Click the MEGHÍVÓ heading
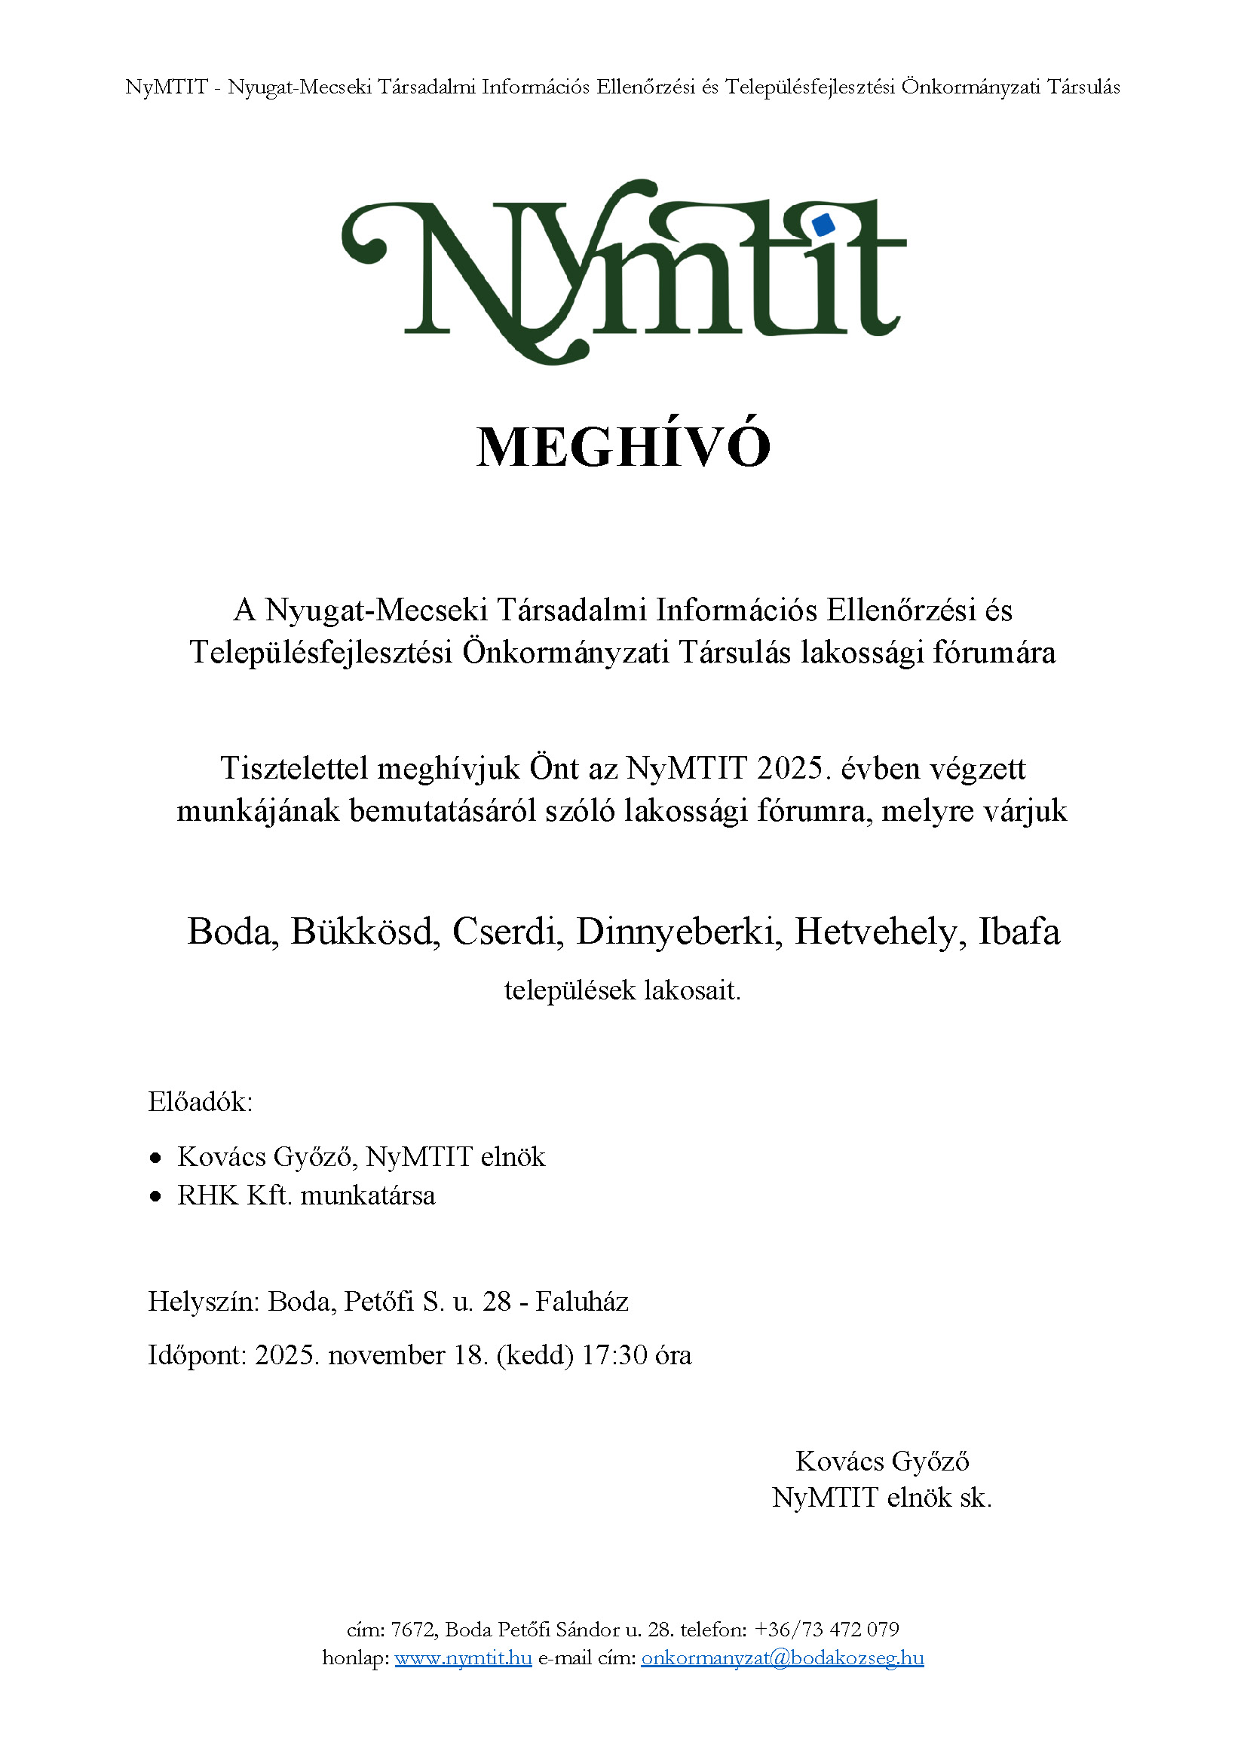click(623, 447)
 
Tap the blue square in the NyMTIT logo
click(823, 225)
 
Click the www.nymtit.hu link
click(463, 1657)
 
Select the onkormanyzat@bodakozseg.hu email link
click(783, 1657)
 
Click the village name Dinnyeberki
click(679, 932)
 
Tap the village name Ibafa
click(1019, 932)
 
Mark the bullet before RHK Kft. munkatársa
click(157, 1196)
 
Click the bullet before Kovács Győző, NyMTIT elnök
click(157, 1158)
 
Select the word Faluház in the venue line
click(582, 1302)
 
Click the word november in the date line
click(386, 1355)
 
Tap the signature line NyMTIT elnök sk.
click(881, 1498)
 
